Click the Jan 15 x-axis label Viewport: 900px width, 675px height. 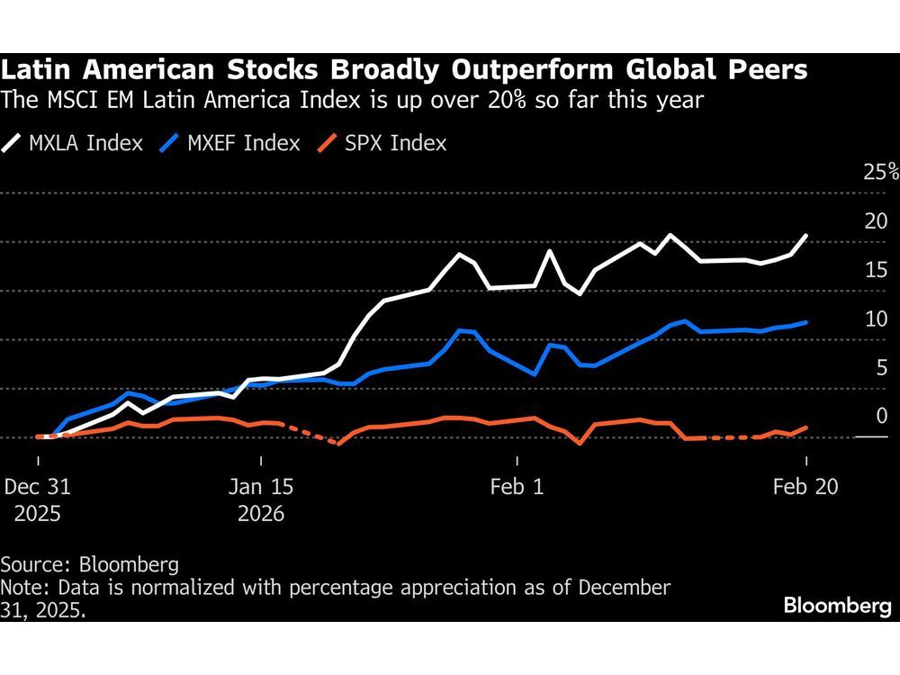coord(262,487)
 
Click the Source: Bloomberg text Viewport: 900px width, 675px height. coord(90,565)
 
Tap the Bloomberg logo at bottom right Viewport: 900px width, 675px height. coord(837,606)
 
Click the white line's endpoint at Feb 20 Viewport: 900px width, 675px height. coord(805,235)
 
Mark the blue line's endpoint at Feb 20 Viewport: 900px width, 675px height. coord(805,321)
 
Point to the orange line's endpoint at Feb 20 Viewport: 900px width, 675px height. coord(805,427)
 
